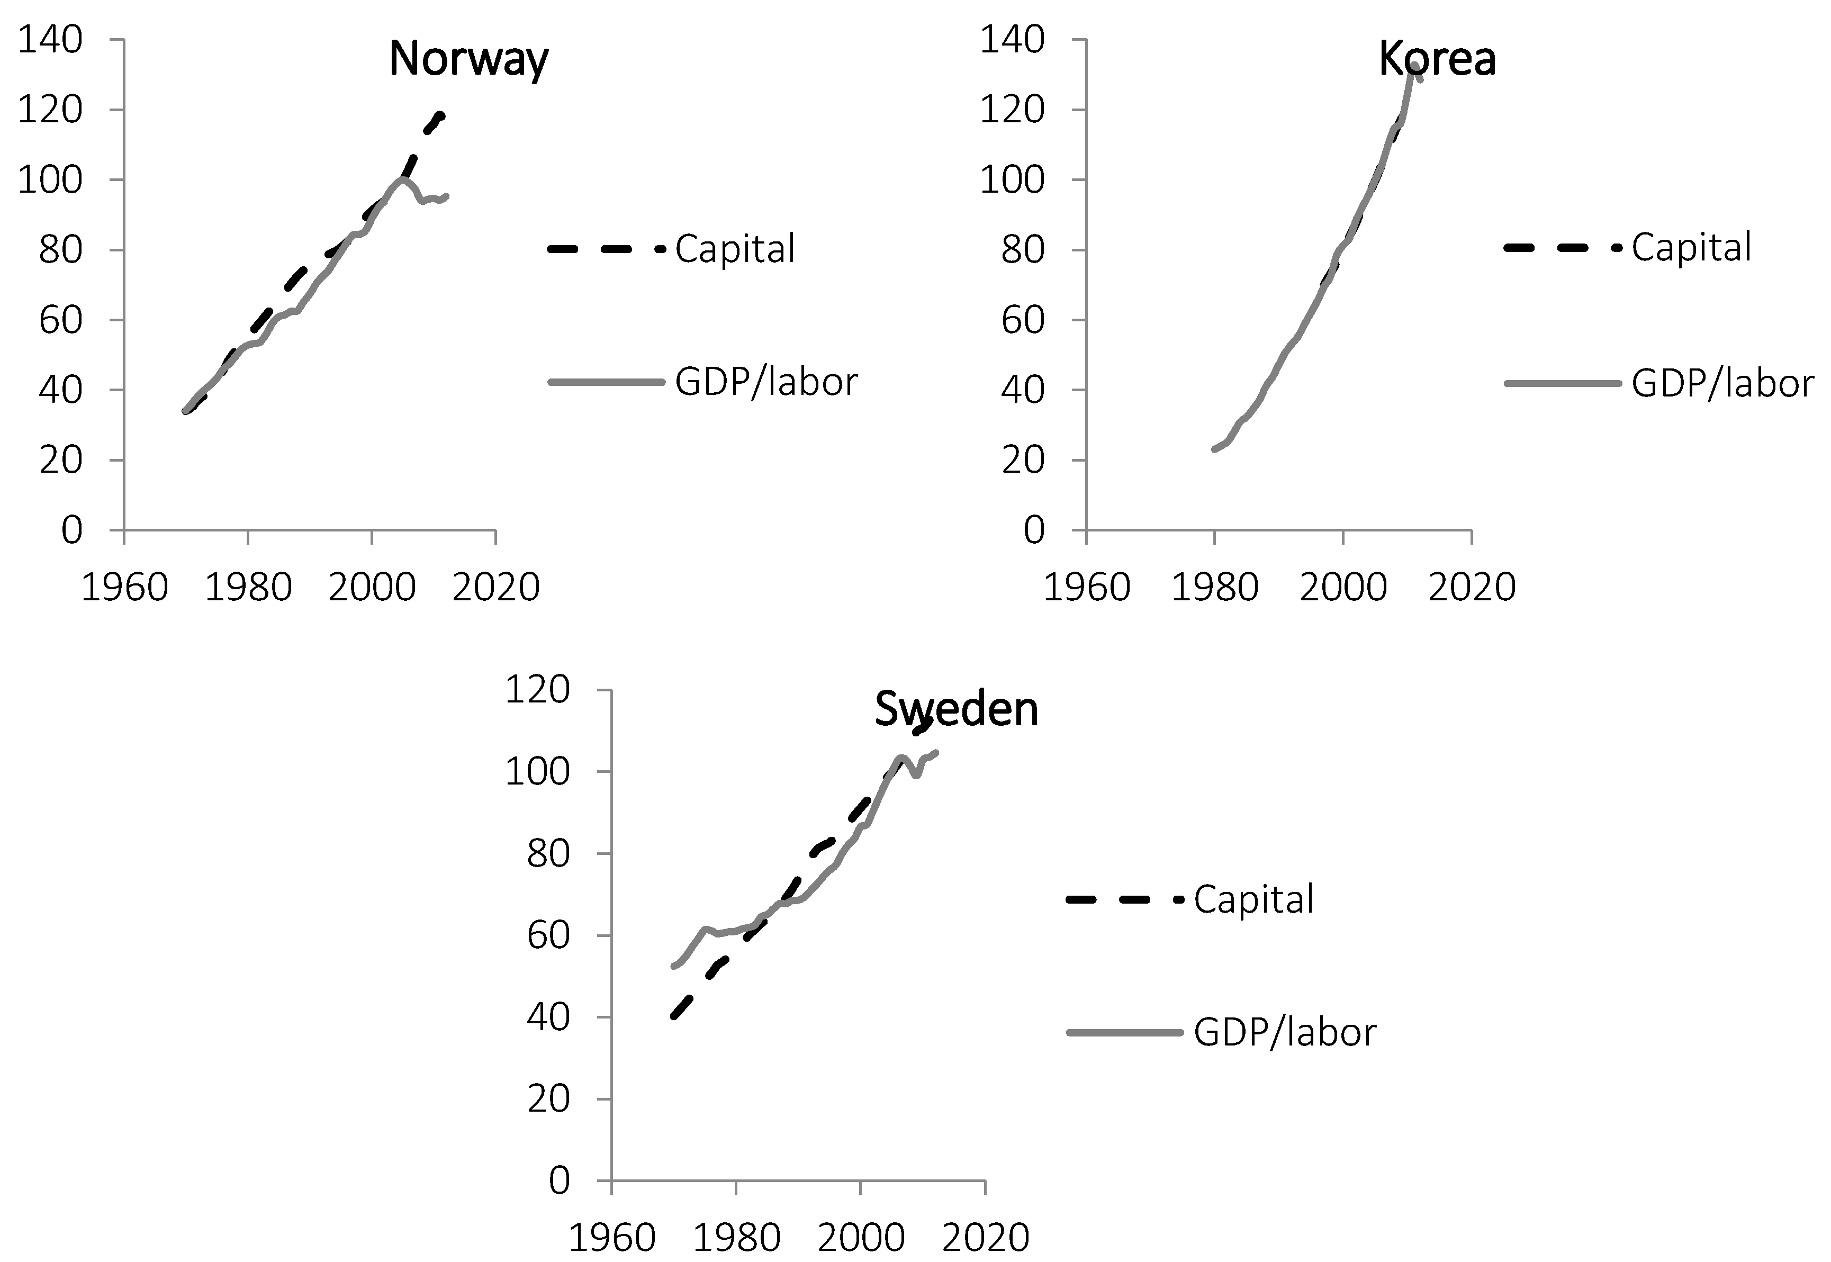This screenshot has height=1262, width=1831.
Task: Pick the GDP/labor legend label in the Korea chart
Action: (x=1722, y=383)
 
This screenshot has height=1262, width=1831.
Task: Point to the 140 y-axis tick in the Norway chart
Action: (x=50, y=40)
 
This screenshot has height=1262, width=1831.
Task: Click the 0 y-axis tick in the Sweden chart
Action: (x=559, y=1180)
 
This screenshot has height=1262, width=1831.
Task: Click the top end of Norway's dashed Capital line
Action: (x=441, y=115)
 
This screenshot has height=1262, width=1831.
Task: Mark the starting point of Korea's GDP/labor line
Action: (x=1214, y=449)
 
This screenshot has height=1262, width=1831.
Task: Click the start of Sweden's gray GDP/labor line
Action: (x=673, y=966)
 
